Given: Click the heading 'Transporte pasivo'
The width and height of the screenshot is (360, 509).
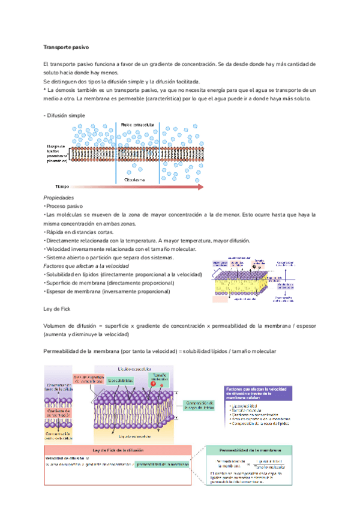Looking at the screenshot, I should pos(66,47).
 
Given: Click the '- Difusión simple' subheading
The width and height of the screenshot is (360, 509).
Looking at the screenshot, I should pos(64,115).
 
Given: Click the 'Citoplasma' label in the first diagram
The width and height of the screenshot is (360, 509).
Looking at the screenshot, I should pos(134,179).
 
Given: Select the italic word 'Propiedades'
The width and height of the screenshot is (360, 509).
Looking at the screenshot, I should pos(59,197).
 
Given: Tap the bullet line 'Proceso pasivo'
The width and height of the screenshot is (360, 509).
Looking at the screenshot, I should pos(64,206).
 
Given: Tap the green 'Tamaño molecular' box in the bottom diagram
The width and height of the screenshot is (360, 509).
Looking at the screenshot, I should pos(159,377).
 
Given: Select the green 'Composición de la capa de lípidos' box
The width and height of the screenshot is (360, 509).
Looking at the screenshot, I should pos(200,405).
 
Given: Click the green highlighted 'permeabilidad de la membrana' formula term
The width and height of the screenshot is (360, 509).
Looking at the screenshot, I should pos(163,463).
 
